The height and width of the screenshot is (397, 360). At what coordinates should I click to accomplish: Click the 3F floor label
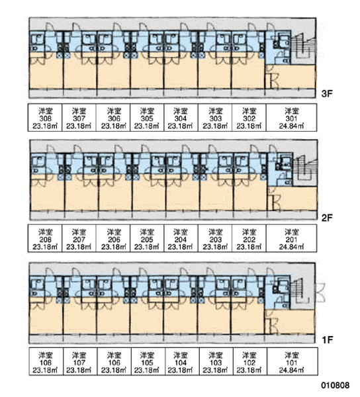pyautogui.click(x=327, y=94)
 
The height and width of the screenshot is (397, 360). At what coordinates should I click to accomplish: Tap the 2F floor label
pyautogui.click(x=327, y=218)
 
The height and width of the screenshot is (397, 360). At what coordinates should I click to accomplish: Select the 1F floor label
pyautogui.click(x=327, y=340)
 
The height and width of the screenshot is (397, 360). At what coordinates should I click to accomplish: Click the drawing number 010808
pyautogui.click(x=336, y=386)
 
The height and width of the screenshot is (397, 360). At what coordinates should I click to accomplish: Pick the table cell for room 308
pyautogui.click(x=45, y=118)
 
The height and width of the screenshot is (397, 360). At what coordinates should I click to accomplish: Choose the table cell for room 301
pyautogui.click(x=291, y=118)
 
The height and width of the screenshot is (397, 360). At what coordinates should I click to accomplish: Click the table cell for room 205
pyautogui.click(x=147, y=238)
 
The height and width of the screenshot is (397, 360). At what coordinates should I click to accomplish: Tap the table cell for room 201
pyautogui.click(x=291, y=238)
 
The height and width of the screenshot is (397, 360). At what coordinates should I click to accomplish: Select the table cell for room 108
pyautogui.click(x=46, y=361)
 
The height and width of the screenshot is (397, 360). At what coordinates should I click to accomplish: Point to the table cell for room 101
pyautogui.click(x=292, y=361)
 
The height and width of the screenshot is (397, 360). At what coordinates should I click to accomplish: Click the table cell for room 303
pyautogui.click(x=215, y=118)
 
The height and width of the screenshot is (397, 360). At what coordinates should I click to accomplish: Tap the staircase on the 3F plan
pyautogui.click(x=304, y=48)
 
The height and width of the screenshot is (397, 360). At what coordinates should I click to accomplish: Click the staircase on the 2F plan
pyautogui.click(x=305, y=170)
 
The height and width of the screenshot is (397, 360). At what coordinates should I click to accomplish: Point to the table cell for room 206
pyautogui.click(x=113, y=238)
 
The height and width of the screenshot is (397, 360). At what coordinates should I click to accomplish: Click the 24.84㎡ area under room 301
pyautogui.click(x=291, y=126)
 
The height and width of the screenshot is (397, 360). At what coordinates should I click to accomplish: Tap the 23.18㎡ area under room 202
pyautogui.click(x=249, y=247)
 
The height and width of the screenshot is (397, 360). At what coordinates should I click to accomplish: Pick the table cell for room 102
pyautogui.click(x=250, y=361)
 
